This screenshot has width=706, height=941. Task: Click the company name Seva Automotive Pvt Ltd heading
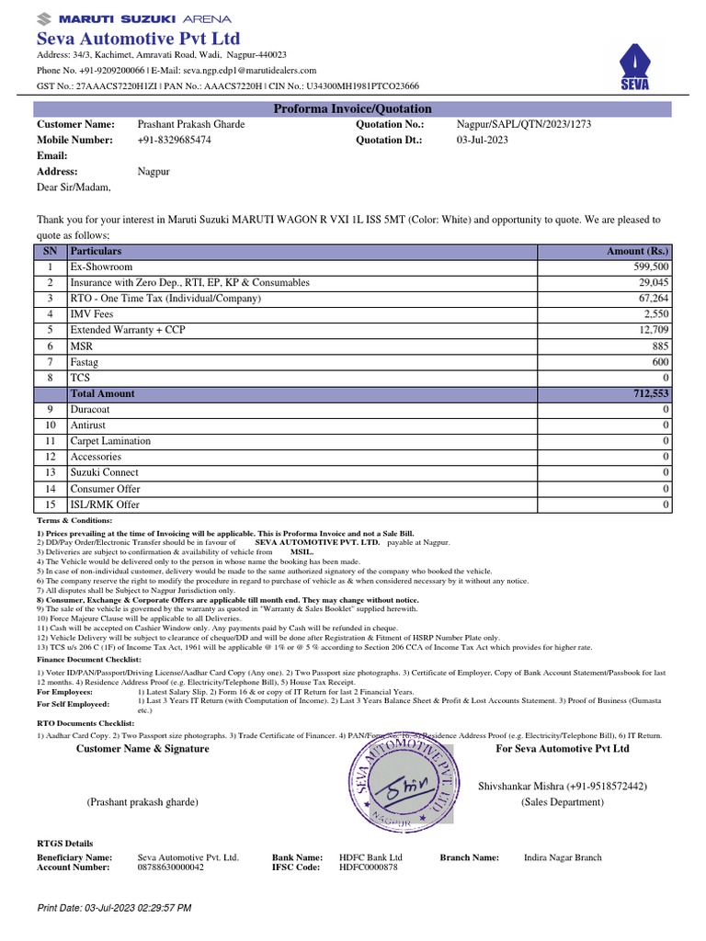click(x=138, y=39)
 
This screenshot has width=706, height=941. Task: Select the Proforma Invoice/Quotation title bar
click(x=353, y=109)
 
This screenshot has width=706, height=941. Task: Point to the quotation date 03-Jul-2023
click(x=483, y=141)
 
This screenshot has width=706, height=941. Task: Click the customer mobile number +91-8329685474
click(x=174, y=141)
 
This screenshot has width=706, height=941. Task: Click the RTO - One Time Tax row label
click(x=165, y=299)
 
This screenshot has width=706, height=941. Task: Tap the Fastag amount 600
click(x=659, y=362)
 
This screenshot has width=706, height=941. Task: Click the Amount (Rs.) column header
click(x=638, y=251)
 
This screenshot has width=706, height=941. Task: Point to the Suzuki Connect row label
click(x=105, y=473)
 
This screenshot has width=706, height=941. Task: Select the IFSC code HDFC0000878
click(x=369, y=867)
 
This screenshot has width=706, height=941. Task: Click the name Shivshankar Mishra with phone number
click(x=562, y=787)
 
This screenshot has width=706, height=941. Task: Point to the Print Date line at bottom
click(x=114, y=908)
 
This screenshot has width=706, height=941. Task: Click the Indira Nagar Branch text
click(x=562, y=857)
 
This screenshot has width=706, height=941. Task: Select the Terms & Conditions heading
click(x=74, y=521)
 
